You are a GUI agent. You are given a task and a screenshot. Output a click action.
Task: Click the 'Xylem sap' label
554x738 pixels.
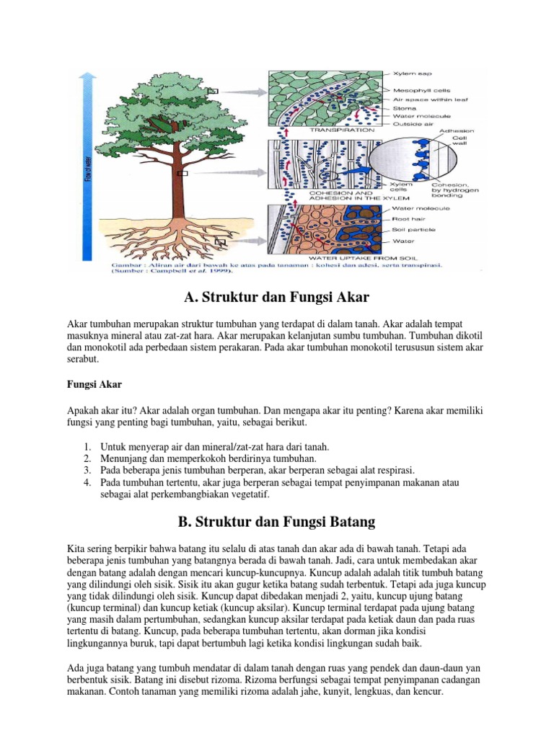pos(412,74)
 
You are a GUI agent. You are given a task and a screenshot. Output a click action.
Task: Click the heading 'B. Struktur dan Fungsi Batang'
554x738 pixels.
pos(276,521)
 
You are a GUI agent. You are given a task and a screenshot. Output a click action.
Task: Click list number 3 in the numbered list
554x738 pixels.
pos(87,470)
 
